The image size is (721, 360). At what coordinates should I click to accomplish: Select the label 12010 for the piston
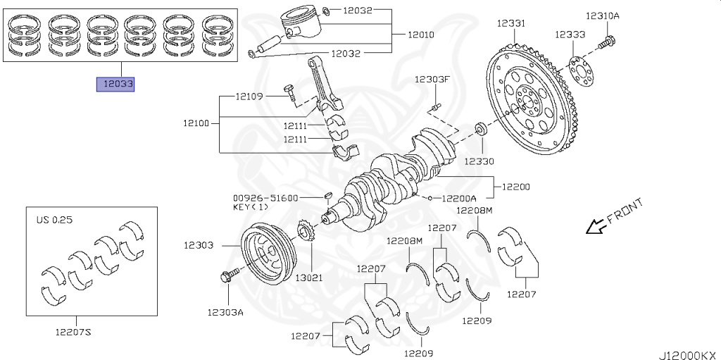(421, 35)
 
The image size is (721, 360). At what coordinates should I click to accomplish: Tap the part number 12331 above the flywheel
(510, 23)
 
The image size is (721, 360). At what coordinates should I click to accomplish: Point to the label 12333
(569, 34)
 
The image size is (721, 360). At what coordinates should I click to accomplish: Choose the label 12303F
(432, 79)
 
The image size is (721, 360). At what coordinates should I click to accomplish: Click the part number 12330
(482, 161)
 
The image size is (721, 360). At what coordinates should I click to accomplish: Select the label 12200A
(459, 199)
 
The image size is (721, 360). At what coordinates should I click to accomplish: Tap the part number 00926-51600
(265, 198)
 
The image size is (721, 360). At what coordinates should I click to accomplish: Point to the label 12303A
(225, 312)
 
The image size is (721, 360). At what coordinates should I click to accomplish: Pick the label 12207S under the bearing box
(73, 333)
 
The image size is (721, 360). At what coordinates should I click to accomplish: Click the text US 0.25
(54, 220)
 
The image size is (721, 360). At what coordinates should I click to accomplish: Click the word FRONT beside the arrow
(624, 211)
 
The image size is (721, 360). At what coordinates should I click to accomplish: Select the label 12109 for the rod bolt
(249, 96)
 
